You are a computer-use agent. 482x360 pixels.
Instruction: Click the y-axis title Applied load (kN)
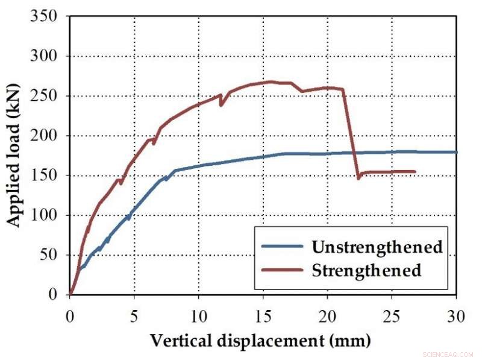point(14,156)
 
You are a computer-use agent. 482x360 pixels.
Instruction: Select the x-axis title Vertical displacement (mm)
point(260,341)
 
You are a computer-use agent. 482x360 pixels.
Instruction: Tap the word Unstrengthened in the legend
point(377,247)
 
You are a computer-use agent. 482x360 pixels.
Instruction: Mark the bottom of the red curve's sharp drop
point(358,178)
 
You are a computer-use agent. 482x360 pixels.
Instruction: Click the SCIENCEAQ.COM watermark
point(448,355)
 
